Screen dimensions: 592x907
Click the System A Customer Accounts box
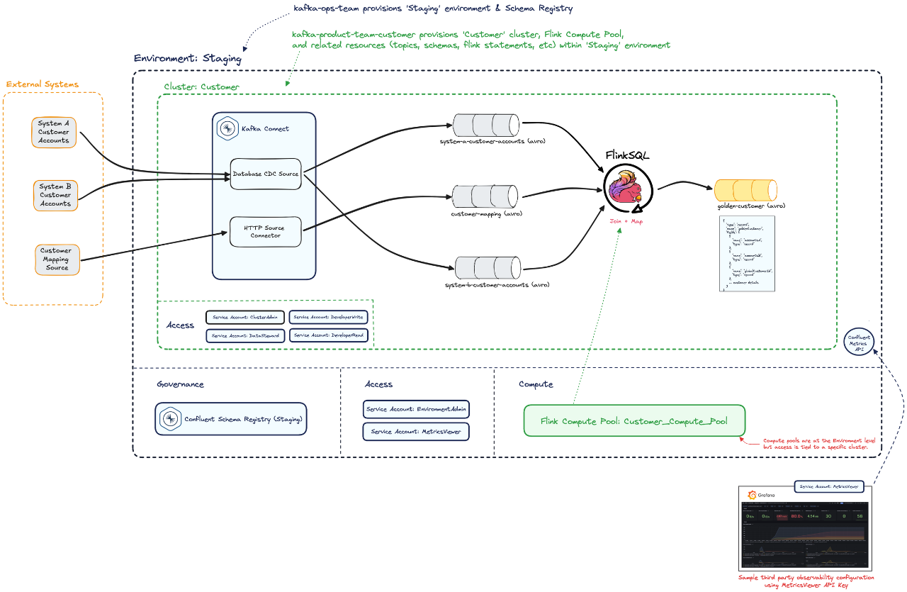(54, 132)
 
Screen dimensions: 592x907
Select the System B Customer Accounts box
(55, 195)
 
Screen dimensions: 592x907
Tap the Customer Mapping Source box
(57, 259)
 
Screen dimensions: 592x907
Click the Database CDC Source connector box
(266, 174)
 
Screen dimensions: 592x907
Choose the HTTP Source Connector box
(265, 232)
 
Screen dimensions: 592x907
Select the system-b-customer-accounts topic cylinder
(488, 268)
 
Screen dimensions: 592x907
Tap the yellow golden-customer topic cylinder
(745, 190)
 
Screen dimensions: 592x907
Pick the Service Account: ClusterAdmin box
(245, 318)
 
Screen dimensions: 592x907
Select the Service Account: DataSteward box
(245, 335)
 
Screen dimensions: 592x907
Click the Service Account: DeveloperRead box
(328, 335)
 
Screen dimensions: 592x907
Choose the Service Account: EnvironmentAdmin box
(416, 409)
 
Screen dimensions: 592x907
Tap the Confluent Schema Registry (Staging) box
(231, 420)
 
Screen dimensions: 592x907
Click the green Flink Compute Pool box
(633, 420)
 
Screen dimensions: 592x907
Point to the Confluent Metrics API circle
(862, 341)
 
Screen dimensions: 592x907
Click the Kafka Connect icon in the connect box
(227, 128)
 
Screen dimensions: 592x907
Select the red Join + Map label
(626, 221)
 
